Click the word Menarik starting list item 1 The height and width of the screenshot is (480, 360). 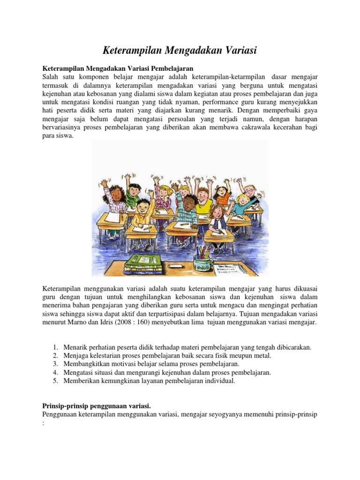point(75,347)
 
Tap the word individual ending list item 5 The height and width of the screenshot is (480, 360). point(218,381)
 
